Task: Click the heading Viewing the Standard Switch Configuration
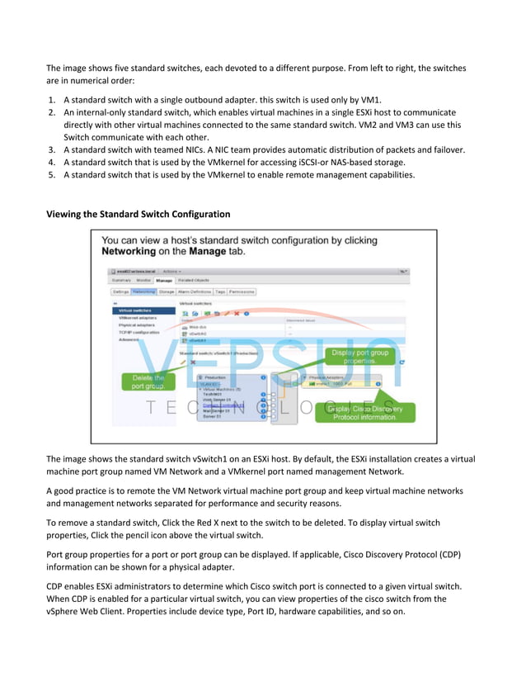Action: [x=138, y=214]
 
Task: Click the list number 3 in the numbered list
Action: [x=51, y=149]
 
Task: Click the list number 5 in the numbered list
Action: [x=51, y=174]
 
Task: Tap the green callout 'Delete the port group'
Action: [x=148, y=381]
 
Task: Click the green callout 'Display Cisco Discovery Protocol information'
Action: [x=364, y=412]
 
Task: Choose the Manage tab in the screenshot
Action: [x=163, y=281]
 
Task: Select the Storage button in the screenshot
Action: [x=166, y=291]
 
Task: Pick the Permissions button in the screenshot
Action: [x=242, y=291]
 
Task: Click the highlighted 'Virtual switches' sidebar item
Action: [x=134, y=310]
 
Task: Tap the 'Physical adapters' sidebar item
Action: [x=137, y=325]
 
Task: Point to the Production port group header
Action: [x=218, y=377]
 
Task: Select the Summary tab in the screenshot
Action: [x=122, y=281]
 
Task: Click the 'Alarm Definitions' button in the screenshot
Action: [x=194, y=291]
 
